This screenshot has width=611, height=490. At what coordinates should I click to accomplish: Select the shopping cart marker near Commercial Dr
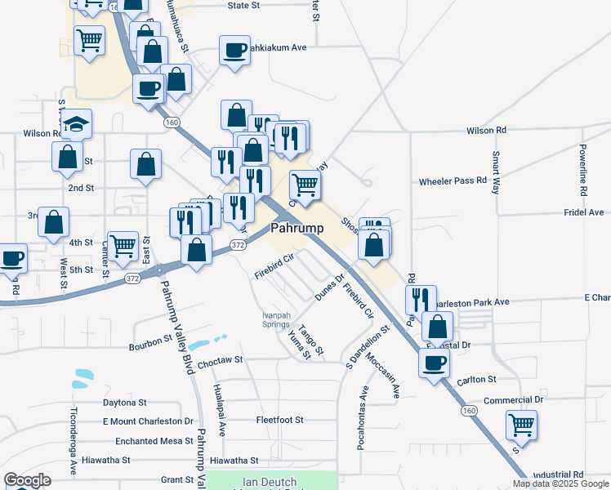521,425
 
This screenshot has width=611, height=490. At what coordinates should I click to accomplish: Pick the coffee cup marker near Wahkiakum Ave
234,51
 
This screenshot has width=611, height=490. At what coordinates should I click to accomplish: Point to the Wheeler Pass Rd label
453,180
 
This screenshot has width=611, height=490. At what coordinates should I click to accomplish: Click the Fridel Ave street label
583,212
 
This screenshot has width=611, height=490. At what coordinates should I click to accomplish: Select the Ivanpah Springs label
276,319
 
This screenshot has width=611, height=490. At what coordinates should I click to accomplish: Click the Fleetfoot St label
279,420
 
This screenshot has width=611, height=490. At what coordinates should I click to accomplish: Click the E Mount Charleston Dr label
148,421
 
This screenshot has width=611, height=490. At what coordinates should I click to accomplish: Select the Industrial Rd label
557,474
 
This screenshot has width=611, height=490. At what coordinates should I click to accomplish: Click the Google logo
28,480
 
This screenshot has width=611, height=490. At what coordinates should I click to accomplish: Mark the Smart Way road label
495,171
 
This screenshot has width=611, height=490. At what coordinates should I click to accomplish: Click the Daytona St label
124,403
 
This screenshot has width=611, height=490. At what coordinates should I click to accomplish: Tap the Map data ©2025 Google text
561,483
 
